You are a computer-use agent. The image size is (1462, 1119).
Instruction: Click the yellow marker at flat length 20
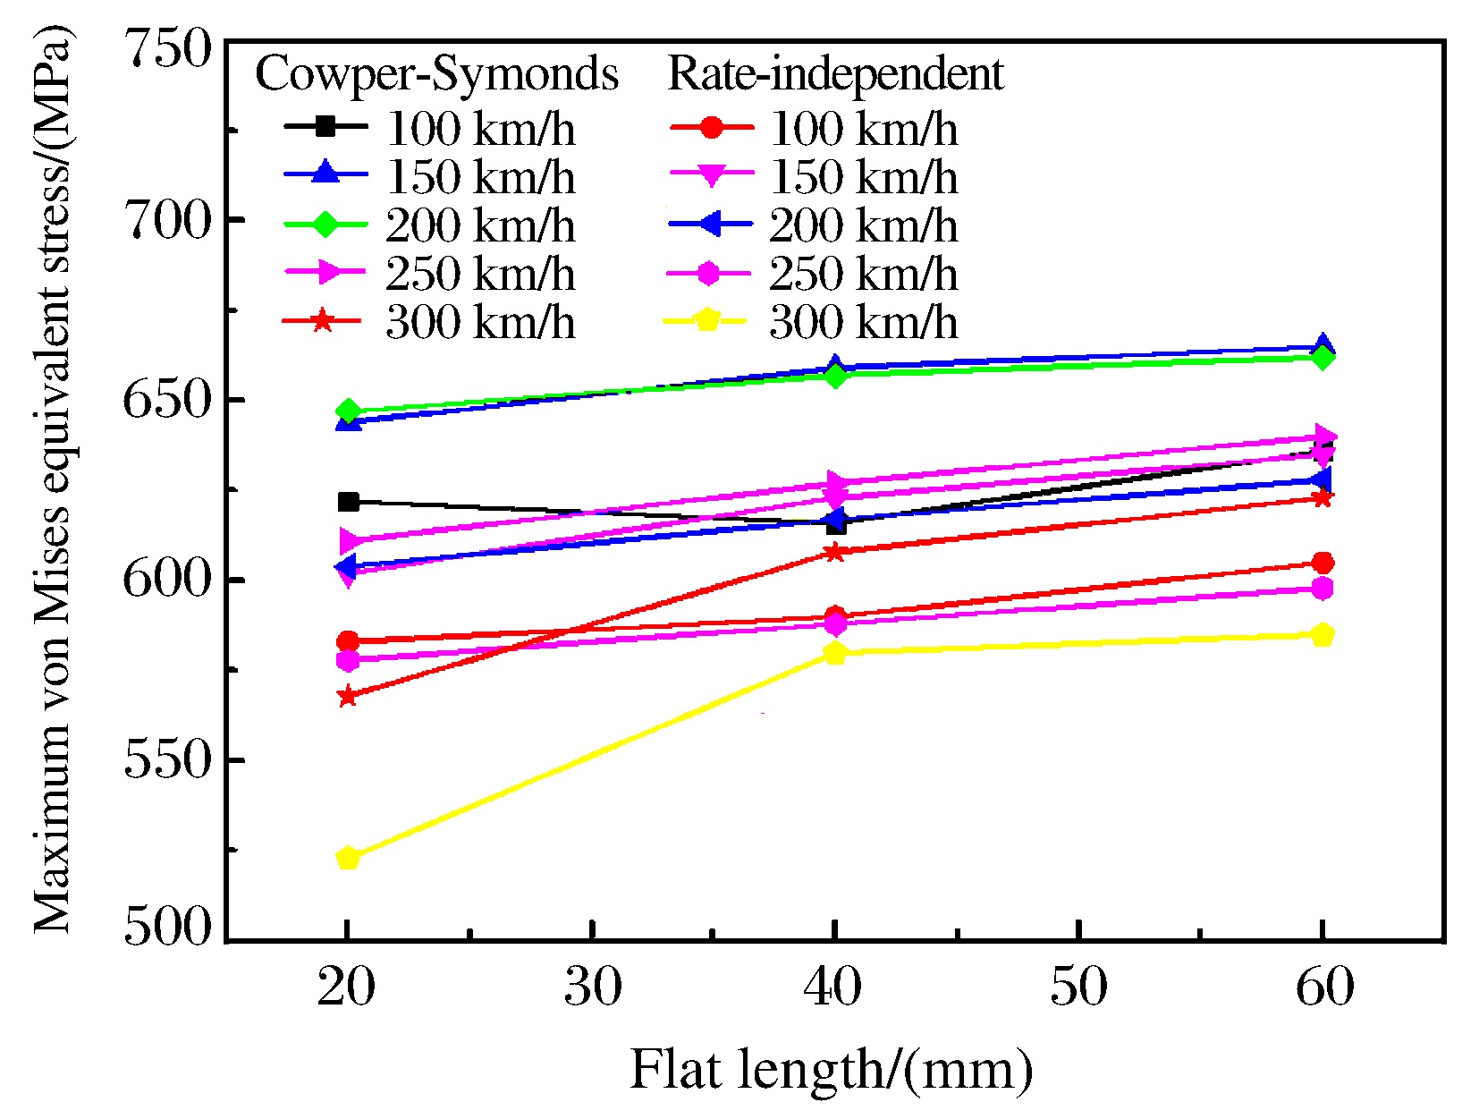click(x=348, y=858)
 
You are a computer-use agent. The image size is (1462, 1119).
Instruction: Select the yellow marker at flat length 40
click(x=835, y=652)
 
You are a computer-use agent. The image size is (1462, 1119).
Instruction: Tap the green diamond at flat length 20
click(x=348, y=411)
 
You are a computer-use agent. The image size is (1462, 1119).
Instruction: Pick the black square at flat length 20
click(x=348, y=502)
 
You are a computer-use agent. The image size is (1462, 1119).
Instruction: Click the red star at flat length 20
click(x=348, y=696)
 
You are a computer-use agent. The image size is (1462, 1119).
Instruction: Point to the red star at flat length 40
click(x=835, y=552)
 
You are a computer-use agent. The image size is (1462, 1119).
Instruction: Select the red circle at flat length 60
click(x=1323, y=563)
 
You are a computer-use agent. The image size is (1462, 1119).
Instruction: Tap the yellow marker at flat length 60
click(x=1323, y=635)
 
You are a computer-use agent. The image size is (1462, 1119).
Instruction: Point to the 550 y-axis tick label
click(x=169, y=761)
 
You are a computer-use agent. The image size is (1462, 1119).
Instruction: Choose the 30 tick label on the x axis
click(x=592, y=988)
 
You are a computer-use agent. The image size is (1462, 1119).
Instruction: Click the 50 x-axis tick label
click(x=1078, y=988)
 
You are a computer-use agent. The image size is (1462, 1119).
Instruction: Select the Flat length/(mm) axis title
click(x=832, y=1069)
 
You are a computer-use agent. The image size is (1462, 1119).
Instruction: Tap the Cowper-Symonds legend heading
click(x=436, y=73)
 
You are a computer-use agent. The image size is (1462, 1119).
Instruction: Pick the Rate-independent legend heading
click(x=835, y=73)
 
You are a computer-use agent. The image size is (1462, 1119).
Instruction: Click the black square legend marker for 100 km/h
click(x=325, y=127)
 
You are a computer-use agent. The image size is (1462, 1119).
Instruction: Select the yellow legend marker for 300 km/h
click(x=708, y=320)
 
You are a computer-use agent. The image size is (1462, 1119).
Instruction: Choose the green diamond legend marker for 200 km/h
click(x=325, y=225)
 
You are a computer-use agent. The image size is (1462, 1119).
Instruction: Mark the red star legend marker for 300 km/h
click(x=324, y=320)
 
